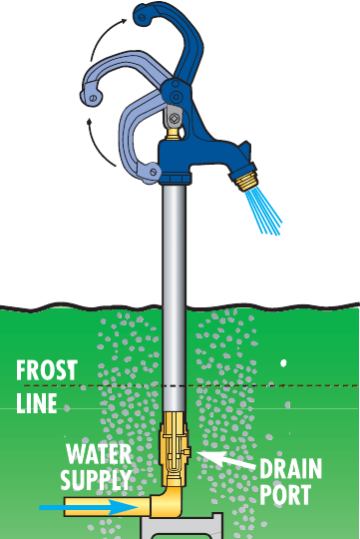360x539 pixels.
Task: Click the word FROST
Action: pyautogui.click(x=47, y=371)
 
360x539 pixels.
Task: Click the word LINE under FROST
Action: pyautogui.click(x=37, y=404)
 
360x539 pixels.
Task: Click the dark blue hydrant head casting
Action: pyautogui.click(x=199, y=155)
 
